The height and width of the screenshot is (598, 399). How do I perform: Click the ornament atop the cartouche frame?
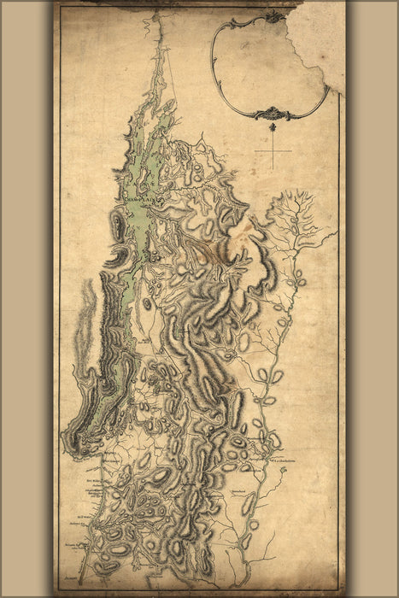point(273,16)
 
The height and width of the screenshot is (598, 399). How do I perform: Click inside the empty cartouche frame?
point(265,64)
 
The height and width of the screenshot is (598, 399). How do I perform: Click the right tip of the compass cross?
point(291,152)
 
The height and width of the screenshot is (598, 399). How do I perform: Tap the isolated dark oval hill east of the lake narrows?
point(147,303)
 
